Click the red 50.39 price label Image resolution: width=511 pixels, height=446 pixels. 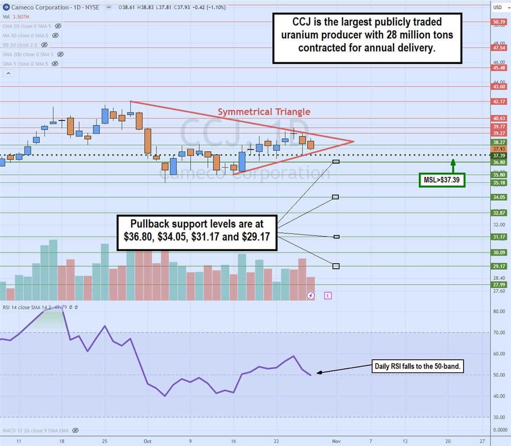(498, 21)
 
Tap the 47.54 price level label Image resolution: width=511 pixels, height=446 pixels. (498, 48)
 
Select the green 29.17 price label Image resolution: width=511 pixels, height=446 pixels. (498, 266)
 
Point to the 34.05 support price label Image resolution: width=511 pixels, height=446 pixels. (498, 197)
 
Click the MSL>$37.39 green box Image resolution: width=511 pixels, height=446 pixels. (442, 180)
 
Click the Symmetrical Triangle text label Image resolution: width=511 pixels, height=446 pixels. (264, 112)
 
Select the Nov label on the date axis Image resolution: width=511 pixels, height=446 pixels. (336, 440)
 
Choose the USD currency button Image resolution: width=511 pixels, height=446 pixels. (497, 7)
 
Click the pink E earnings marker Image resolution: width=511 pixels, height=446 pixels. (328, 295)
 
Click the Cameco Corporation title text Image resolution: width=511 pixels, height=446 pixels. (40, 8)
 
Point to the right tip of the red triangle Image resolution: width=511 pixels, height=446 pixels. (353, 142)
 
